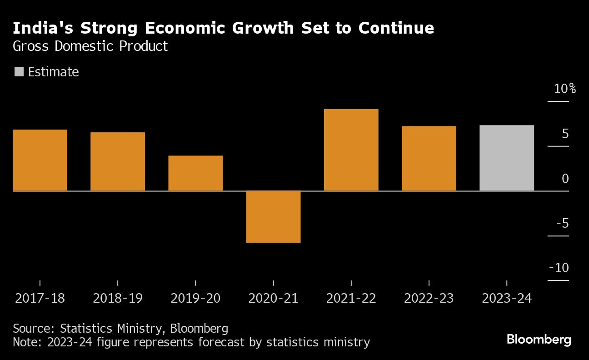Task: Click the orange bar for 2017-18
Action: [x=40, y=160]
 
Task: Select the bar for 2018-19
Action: [x=118, y=161]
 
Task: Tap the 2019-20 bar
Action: [x=195, y=173]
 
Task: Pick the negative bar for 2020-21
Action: [x=273, y=216]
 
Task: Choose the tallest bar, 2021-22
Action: [x=351, y=150]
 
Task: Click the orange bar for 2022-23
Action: [x=429, y=158]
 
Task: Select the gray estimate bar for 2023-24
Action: [x=506, y=158]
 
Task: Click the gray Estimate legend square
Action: [x=19, y=72]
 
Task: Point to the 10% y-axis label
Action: [x=564, y=89]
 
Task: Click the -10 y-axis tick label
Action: [x=559, y=268]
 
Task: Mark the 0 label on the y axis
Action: [x=565, y=179]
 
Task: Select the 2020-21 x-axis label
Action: [x=273, y=298]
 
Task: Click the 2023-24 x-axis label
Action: [x=506, y=298]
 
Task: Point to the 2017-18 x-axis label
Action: [x=40, y=298]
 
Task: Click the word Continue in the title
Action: [x=396, y=28]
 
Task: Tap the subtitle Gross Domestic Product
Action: [x=90, y=46]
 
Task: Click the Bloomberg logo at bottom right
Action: [x=539, y=339]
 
